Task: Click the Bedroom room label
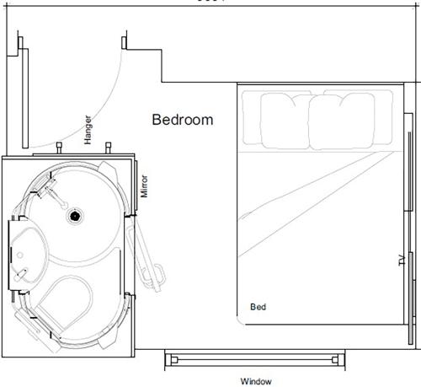[182, 120]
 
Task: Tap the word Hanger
[88, 130]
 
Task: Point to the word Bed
[258, 307]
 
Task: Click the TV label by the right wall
[401, 261]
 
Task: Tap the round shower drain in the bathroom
[74, 216]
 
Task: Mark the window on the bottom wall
[255, 360]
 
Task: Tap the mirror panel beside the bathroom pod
[136, 185]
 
